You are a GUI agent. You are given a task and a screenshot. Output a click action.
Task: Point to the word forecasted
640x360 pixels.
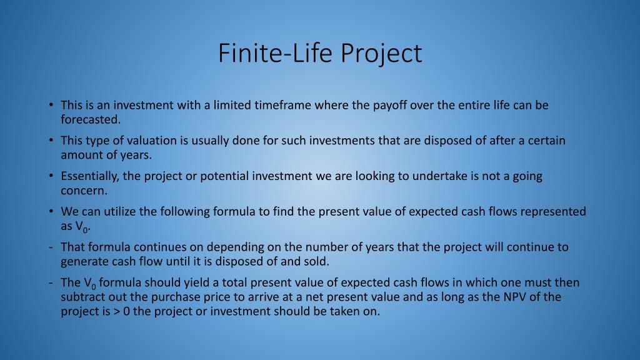pyautogui.click(x=91, y=119)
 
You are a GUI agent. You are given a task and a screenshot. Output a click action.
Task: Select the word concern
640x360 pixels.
pyautogui.click(x=84, y=191)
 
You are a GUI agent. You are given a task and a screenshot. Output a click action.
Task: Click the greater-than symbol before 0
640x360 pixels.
pyautogui.click(x=117, y=312)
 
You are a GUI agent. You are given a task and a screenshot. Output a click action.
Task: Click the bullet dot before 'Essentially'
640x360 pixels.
pyautogui.click(x=51, y=176)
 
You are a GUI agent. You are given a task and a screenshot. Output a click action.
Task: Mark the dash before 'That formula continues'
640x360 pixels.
pyautogui.click(x=51, y=247)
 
